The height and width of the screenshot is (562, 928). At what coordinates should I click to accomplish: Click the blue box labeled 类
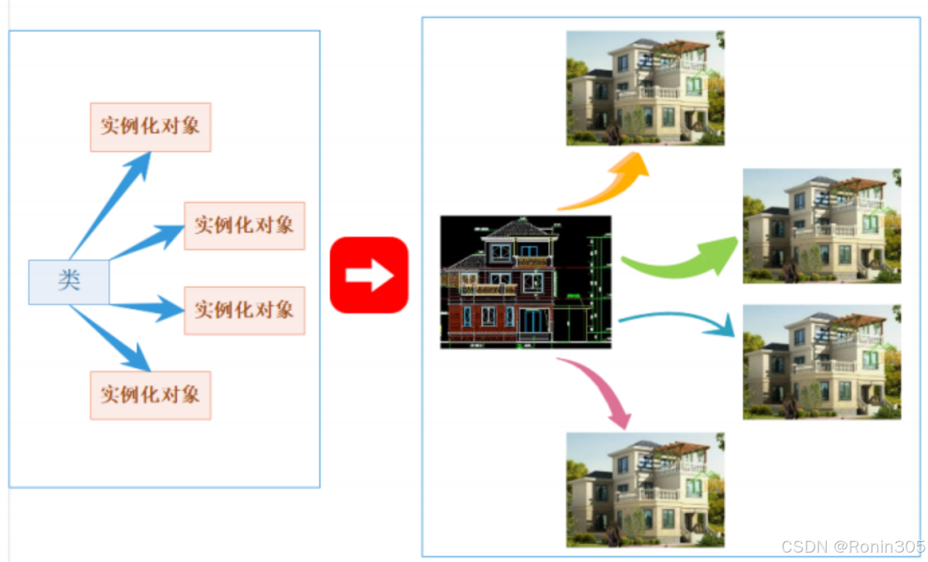click(x=68, y=282)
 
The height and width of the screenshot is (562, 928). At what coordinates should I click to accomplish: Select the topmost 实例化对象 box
click(x=150, y=127)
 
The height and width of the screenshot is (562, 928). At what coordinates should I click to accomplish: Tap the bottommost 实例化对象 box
click(x=150, y=395)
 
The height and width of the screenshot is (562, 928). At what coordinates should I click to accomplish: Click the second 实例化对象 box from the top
click(x=244, y=225)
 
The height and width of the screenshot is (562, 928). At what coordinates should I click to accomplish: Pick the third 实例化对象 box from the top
click(x=244, y=310)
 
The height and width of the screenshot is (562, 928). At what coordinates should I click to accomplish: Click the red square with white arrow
click(x=369, y=275)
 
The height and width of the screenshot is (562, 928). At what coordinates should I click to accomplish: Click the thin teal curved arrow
click(x=677, y=319)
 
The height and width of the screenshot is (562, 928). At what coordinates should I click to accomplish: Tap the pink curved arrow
click(x=600, y=389)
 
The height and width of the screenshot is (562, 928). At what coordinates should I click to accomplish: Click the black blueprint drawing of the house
click(x=526, y=282)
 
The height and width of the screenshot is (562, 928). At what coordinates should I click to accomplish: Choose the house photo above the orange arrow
click(x=645, y=88)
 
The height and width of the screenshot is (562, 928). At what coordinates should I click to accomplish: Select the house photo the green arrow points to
click(x=821, y=225)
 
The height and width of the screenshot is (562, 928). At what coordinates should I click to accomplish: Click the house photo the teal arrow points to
click(x=821, y=362)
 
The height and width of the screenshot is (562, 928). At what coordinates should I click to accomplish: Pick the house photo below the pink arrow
click(x=645, y=490)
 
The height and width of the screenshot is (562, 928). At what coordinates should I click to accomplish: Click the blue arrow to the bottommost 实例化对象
click(x=114, y=339)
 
